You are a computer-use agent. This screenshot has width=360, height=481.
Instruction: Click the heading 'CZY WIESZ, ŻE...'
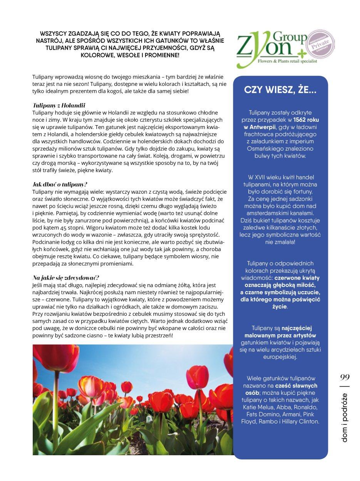(280, 91)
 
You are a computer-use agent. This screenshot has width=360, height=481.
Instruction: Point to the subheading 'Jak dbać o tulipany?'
(60, 184)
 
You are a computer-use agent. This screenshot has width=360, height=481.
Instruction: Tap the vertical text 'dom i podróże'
(344, 417)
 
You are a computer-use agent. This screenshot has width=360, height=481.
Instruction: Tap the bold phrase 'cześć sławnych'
(298, 385)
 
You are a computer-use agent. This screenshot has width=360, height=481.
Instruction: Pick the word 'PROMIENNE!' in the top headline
(160, 55)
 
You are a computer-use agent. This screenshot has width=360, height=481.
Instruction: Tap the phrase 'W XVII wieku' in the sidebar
(266, 177)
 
